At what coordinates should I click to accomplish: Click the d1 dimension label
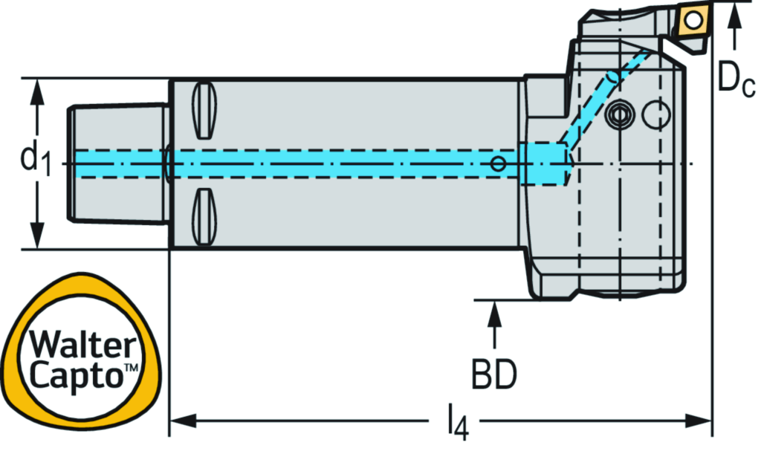35,162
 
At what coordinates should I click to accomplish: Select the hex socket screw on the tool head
618,115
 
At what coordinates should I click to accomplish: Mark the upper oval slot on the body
204,110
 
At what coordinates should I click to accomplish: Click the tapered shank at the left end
117,163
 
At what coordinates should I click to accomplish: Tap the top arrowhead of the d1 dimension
35,90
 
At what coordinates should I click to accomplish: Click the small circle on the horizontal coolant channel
499,163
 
